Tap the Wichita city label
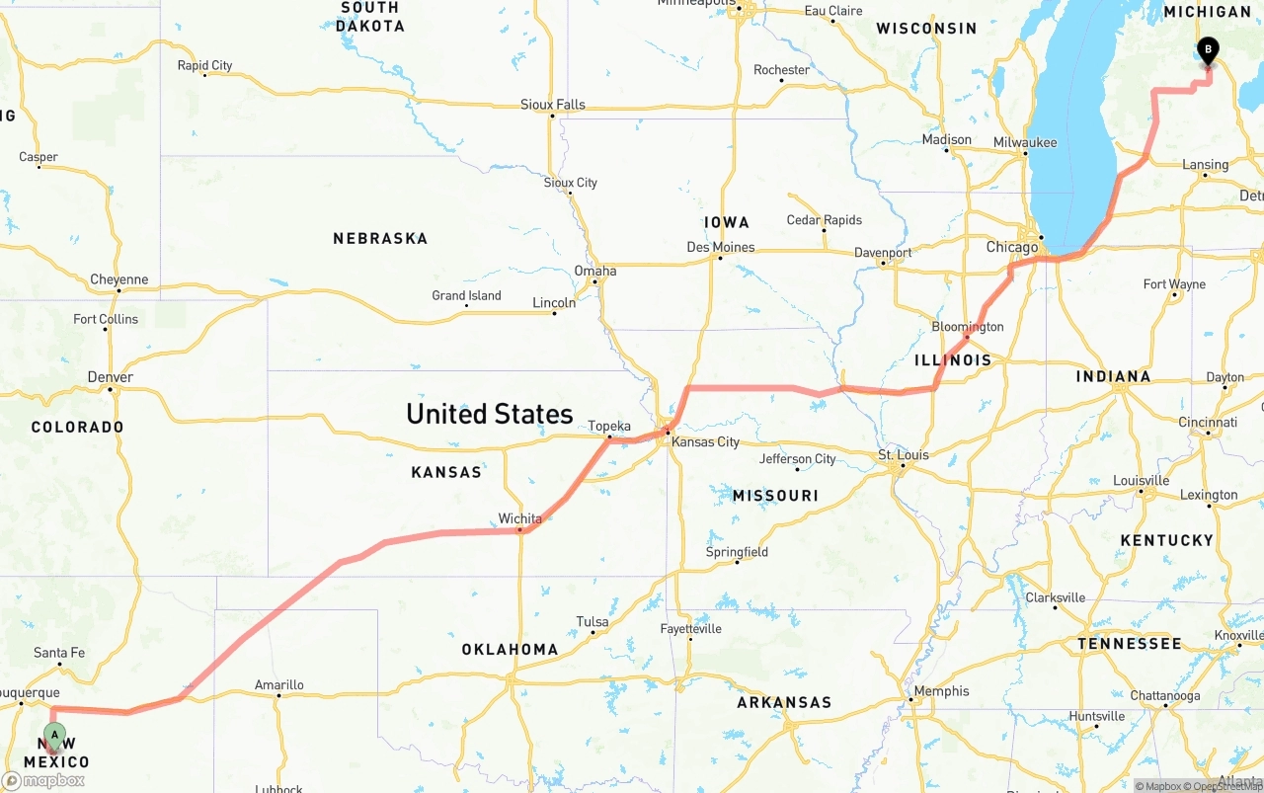(x=519, y=518)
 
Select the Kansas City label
(x=705, y=441)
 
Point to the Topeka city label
(x=609, y=427)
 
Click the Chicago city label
(x=1012, y=247)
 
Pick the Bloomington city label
(x=968, y=327)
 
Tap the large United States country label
(x=489, y=414)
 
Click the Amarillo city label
(x=279, y=685)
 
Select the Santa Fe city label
(x=59, y=653)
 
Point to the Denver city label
(x=110, y=377)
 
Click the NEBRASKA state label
(x=380, y=239)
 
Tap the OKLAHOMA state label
(x=510, y=650)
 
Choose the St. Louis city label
(x=904, y=455)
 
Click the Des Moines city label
(x=721, y=247)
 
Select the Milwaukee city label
(x=1025, y=143)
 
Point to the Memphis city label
(x=942, y=691)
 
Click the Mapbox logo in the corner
(x=43, y=780)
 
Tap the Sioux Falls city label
(x=553, y=105)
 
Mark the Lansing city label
(x=1206, y=165)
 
